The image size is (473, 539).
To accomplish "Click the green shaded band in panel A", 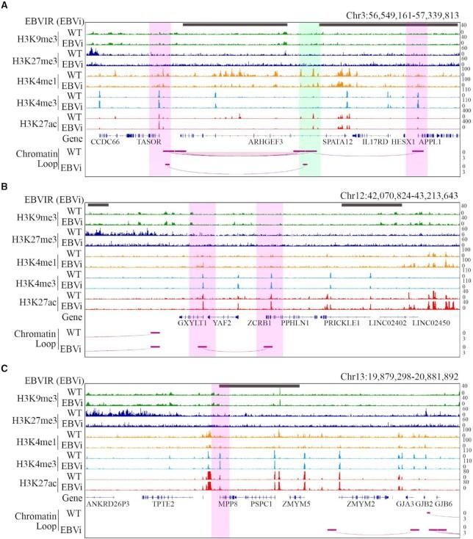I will click(x=309, y=88).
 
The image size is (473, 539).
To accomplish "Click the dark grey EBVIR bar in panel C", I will click(x=259, y=385).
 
